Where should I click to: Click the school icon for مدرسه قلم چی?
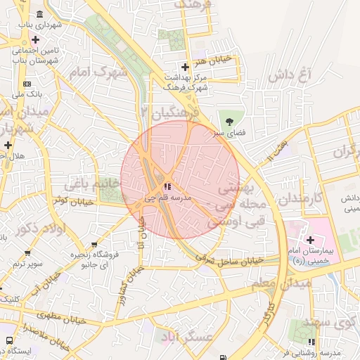pyautogui.click(x=167, y=186)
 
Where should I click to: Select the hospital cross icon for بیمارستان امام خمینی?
pyautogui.click(x=310, y=240)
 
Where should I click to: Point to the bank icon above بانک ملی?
pyautogui.click(x=27, y=83)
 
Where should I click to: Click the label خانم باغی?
pyautogui.click(x=93, y=184)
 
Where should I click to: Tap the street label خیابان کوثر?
pyautogui.click(x=70, y=200)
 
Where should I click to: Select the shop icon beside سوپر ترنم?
pyautogui.click(x=27, y=253)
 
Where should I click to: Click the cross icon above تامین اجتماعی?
pyautogui.click(x=34, y=39)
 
